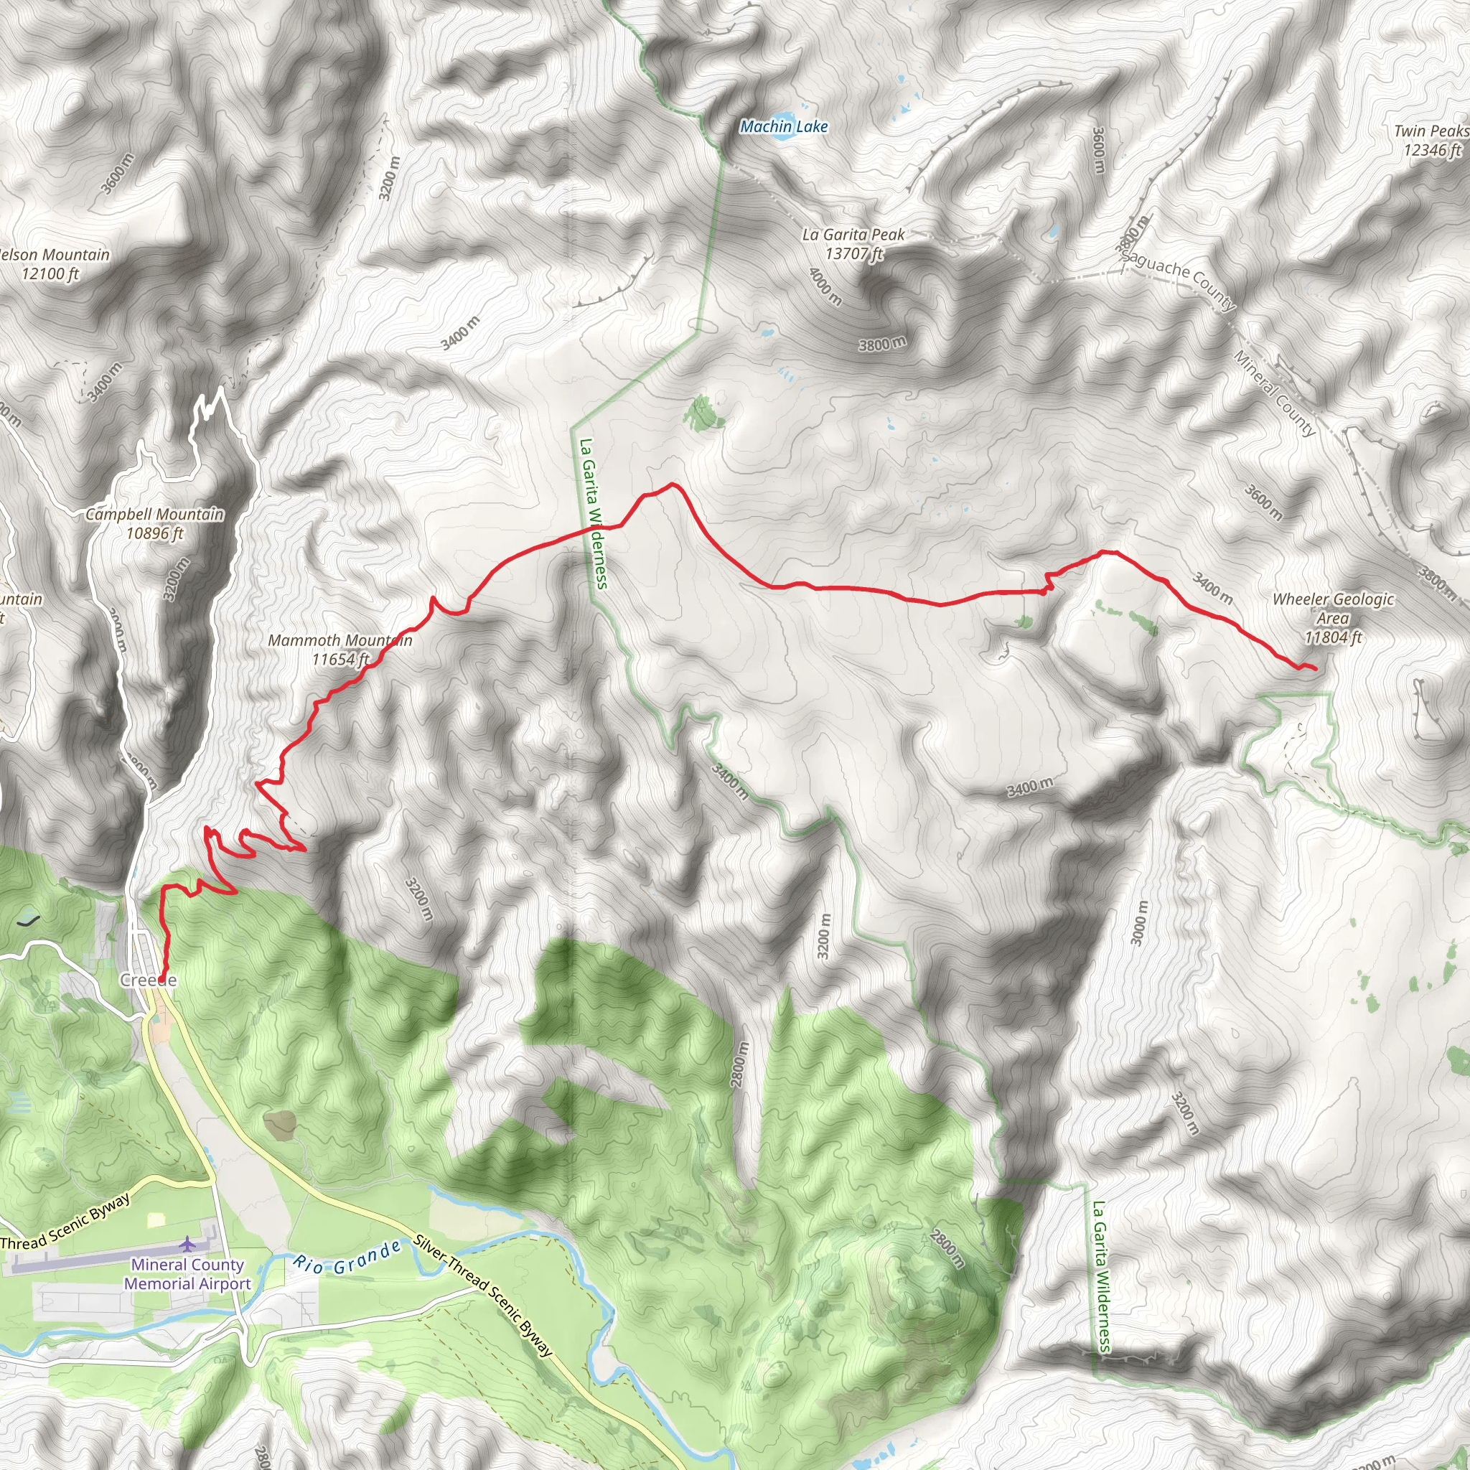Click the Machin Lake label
pyautogui.click(x=784, y=127)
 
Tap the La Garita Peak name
pyautogui.click(x=853, y=235)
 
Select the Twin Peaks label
pyautogui.click(x=1431, y=131)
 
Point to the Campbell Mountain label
pyautogui.click(x=154, y=515)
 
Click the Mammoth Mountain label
pyautogui.click(x=340, y=641)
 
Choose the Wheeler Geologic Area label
pyautogui.click(x=1333, y=609)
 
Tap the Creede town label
pyautogui.click(x=149, y=980)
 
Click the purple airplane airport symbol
pyautogui.click(x=187, y=1244)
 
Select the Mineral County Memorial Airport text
pyautogui.click(x=187, y=1274)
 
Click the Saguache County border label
pyautogui.click(x=1178, y=280)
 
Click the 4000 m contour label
pyautogui.click(x=825, y=286)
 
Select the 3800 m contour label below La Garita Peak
pyautogui.click(x=883, y=344)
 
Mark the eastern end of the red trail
pyautogui.click(x=1316, y=669)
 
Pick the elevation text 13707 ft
pyautogui.click(x=853, y=254)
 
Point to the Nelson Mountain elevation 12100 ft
pyautogui.click(x=50, y=274)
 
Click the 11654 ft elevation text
pyautogui.click(x=340, y=660)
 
